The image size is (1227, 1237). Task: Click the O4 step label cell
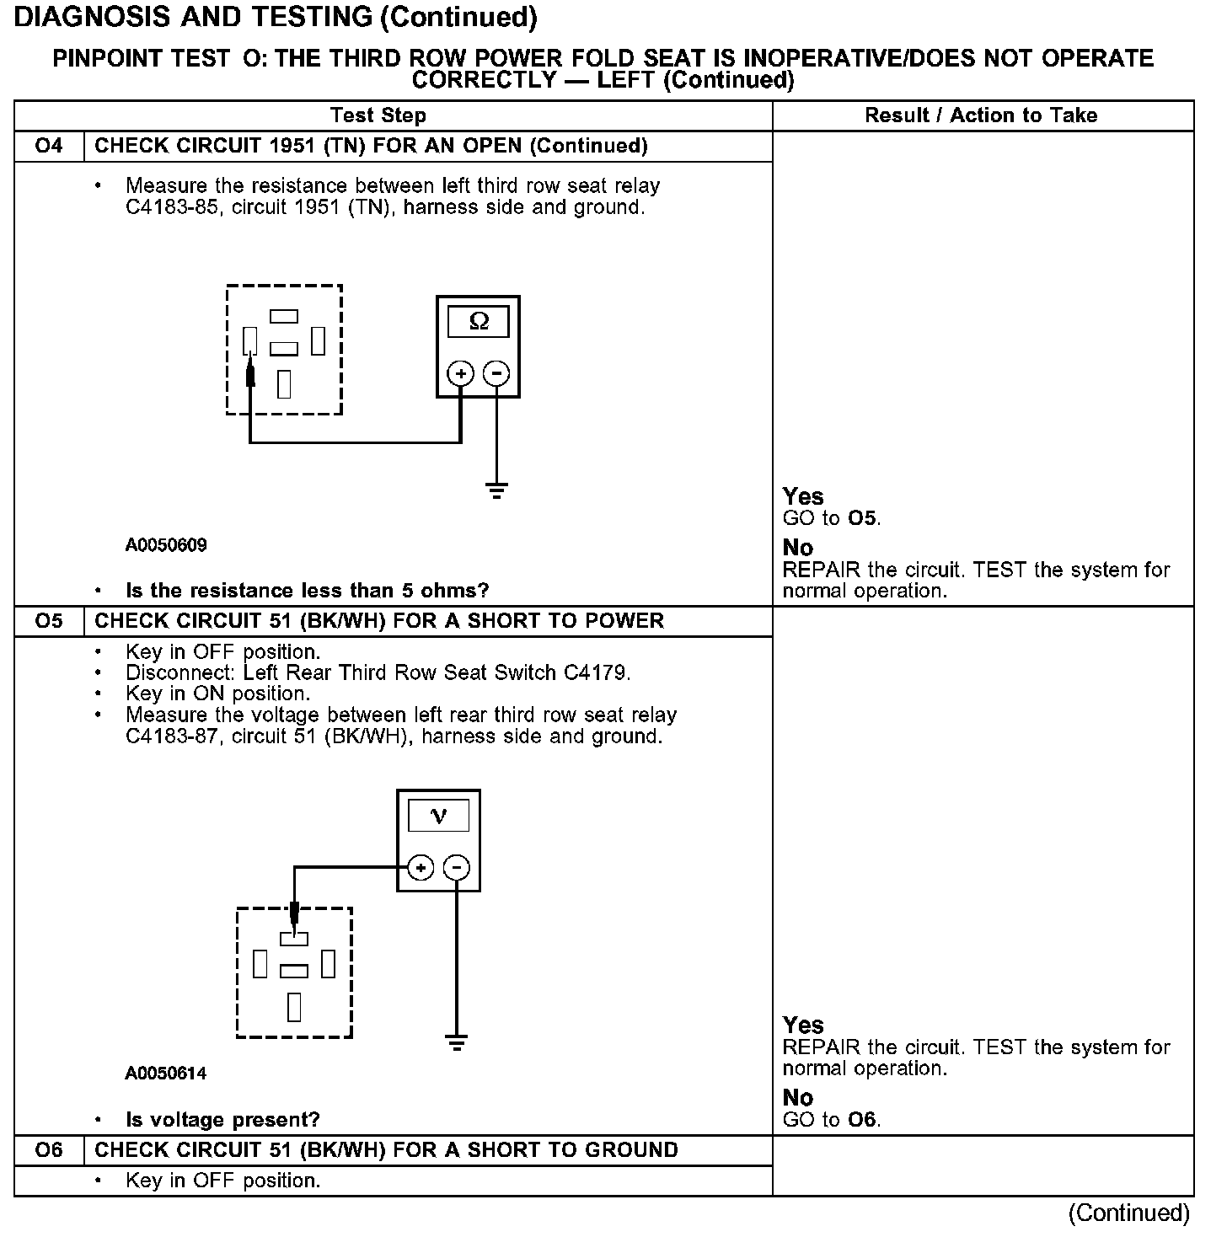point(49,146)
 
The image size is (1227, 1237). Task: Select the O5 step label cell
point(49,621)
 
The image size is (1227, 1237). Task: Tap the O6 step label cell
point(49,1150)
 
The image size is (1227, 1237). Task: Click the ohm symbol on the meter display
point(479,321)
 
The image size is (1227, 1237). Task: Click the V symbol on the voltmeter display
point(438,815)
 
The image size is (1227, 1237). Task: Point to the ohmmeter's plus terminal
point(460,373)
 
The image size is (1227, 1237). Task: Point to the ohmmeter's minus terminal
point(497,373)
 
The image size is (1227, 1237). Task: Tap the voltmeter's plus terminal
point(421,867)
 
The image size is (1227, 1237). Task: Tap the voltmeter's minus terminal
point(457,867)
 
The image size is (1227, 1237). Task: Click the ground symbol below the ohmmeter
point(497,490)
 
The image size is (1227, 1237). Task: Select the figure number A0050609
point(166,545)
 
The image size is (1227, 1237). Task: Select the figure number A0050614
point(166,1074)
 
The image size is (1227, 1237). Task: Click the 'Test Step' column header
point(378,115)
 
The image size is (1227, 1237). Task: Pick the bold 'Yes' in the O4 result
point(803,496)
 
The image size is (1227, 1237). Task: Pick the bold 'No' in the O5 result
point(798,1097)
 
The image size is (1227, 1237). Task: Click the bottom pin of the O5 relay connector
point(294,1007)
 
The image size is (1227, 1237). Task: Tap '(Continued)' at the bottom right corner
point(1129,1213)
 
